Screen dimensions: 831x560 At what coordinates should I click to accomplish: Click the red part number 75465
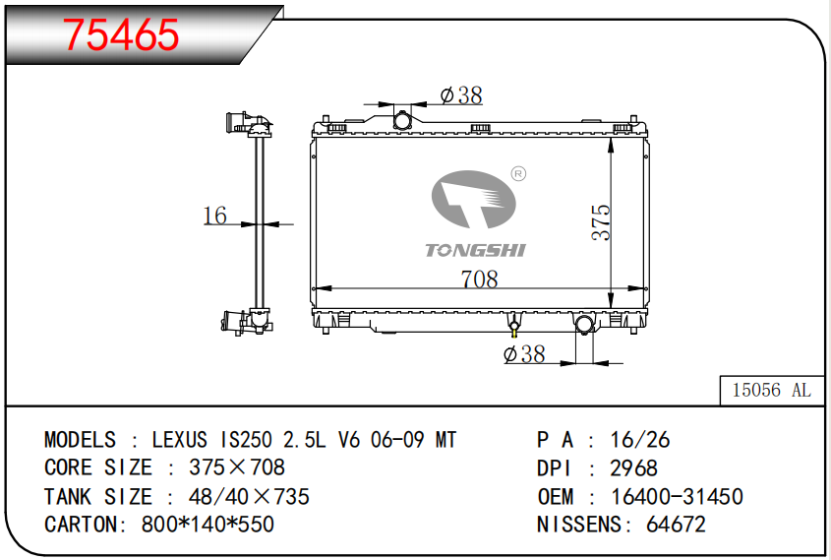click(121, 34)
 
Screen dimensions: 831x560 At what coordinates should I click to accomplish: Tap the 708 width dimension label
click(480, 279)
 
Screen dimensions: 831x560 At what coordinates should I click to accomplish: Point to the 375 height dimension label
click(601, 222)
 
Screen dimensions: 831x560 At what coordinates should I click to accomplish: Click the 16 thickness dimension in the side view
click(214, 216)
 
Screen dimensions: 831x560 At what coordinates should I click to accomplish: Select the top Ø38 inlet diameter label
click(461, 95)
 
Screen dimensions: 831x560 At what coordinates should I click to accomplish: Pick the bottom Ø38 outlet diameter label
click(524, 353)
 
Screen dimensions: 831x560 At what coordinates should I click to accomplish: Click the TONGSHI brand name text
click(475, 250)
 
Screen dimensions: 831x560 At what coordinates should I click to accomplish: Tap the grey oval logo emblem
click(473, 199)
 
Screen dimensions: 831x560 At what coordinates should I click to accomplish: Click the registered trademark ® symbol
click(518, 173)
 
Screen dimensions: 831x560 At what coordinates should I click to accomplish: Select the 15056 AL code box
click(772, 391)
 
